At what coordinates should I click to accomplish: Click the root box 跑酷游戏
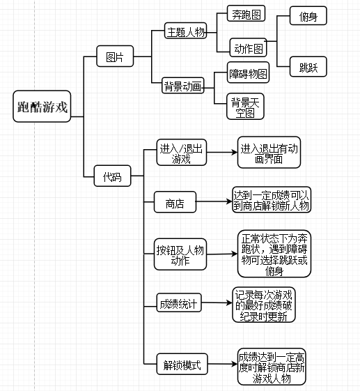click(42, 106)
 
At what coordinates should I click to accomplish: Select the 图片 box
click(115, 56)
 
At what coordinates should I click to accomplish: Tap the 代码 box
click(112, 176)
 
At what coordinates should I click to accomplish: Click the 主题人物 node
click(186, 31)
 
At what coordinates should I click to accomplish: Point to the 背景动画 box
click(183, 86)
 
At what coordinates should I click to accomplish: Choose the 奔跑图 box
click(246, 13)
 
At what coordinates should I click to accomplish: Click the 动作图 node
click(249, 47)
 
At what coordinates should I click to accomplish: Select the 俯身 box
click(308, 16)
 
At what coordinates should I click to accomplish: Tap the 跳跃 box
click(308, 67)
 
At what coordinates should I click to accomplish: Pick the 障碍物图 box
click(248, 72)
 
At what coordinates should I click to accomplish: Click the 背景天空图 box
click(245, 107)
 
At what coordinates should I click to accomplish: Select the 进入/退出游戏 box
click(182, 153)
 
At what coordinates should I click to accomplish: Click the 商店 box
click(175, 202)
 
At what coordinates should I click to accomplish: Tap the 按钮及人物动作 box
click(180, 254)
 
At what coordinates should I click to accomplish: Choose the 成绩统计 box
click(179, 302)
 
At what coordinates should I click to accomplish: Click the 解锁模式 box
click(182, 364)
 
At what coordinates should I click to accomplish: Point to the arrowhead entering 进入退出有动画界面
click(235, 152)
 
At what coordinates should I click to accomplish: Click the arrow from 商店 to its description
click(214, 201)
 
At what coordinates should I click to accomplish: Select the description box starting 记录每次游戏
click(264, 305)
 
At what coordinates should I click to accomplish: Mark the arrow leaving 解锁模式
click(223, 364)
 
